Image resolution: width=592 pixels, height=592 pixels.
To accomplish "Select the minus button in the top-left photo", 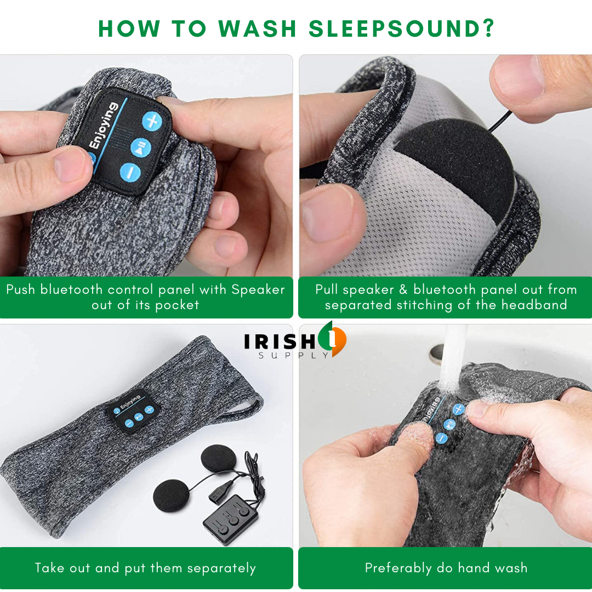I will click(130, 172).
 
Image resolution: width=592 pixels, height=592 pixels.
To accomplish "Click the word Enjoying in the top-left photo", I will click(104, 127).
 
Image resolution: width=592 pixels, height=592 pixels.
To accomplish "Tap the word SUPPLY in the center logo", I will click(294, 355).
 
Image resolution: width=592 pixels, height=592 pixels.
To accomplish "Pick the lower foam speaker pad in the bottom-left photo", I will click(172, 494).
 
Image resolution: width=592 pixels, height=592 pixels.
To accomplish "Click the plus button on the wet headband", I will click(458, 409).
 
